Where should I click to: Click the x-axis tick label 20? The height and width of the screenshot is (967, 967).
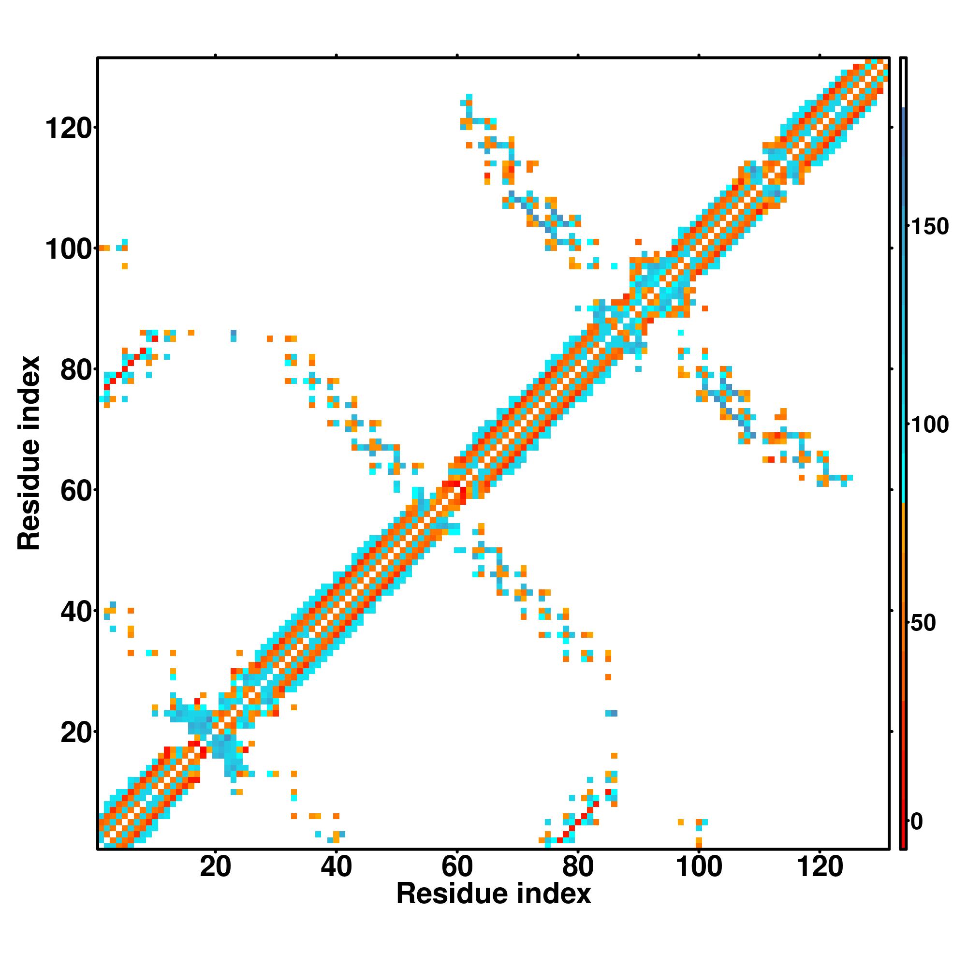[x=215, y=867]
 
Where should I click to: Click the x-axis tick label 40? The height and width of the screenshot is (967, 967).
[x=337, y=867]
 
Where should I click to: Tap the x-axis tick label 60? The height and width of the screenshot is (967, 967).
[x=457, y=867]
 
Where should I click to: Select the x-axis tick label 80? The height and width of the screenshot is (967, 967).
[x=578, y=867]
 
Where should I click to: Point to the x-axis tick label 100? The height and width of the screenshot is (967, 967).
[x=699, y=867]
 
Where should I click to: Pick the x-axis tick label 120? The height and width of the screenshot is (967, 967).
[x=820, y=867]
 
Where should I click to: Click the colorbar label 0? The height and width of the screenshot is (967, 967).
[x=916, y=821]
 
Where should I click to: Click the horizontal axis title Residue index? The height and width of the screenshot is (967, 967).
[x=494, y=894]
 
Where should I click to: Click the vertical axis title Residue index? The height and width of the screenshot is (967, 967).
[x=29, y=453]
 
